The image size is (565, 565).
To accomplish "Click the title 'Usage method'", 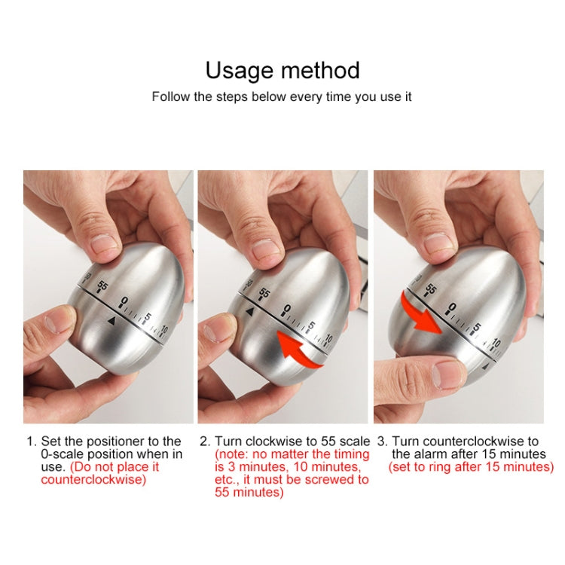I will [282, 70].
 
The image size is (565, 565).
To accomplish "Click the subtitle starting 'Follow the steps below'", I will [282, 97].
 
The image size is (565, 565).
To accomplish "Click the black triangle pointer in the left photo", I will [111, 322].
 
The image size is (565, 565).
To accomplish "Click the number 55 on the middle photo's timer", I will [264, 295].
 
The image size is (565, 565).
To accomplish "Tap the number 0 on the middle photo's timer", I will [287, 309].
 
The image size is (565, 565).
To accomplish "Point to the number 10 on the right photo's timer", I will [496, 344].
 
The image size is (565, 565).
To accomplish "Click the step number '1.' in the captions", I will [31, 441].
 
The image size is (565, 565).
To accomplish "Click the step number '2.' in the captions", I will [205, 441].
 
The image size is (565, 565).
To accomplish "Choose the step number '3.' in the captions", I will [382, 441].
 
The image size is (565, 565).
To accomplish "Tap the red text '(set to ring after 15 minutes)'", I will [471, 467].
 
